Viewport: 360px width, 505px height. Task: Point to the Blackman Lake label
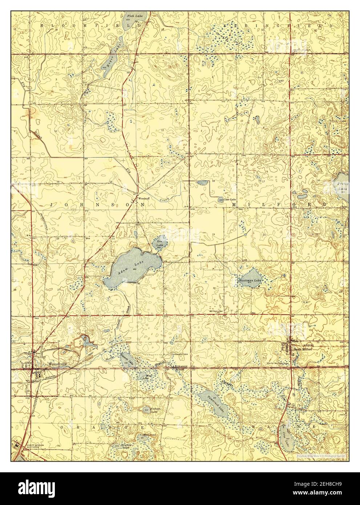tap(250, 281)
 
